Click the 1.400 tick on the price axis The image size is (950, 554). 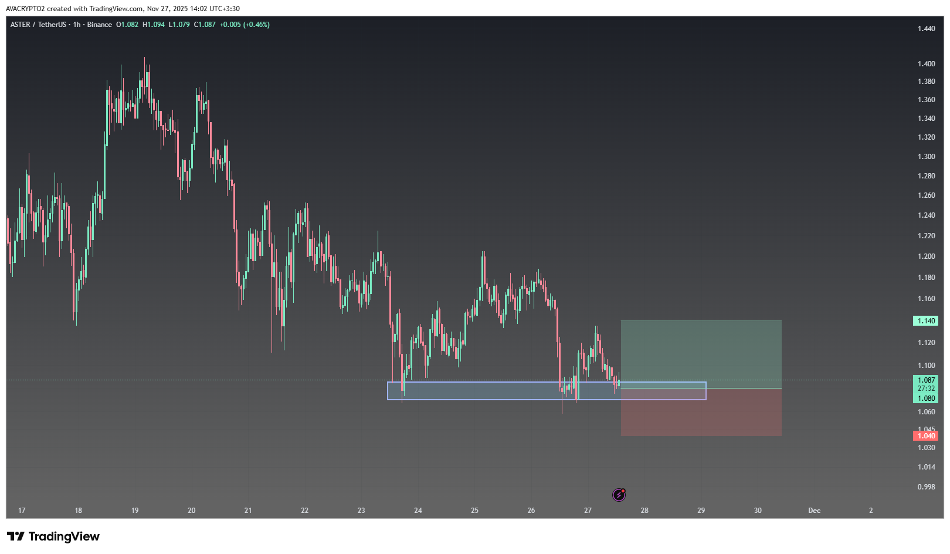tap(926, 63)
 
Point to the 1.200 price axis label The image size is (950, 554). tap(926, 256)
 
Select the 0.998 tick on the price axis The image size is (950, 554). tap(926, 487)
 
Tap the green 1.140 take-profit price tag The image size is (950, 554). tap(926, 321)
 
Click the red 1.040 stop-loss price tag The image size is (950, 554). tap(926, 436)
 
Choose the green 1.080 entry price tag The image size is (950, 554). tap(926, 398)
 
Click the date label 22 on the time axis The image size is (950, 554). tap(304, 511)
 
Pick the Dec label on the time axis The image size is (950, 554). tap(814, 511)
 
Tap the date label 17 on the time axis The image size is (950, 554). tap(22, 511)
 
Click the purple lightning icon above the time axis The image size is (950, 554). tap(619, 495)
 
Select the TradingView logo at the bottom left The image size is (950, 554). tap(53, 536)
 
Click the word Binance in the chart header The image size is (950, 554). tap(99, 25)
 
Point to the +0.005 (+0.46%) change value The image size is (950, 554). tap(245, 25)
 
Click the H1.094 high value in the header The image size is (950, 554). tap(154, 25)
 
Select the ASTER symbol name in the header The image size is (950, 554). tap(21, 25)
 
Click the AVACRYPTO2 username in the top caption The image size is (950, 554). tap(25, 9)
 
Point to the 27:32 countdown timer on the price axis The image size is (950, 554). tap(926, 389)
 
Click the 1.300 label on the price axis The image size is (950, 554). tap(926, 157)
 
